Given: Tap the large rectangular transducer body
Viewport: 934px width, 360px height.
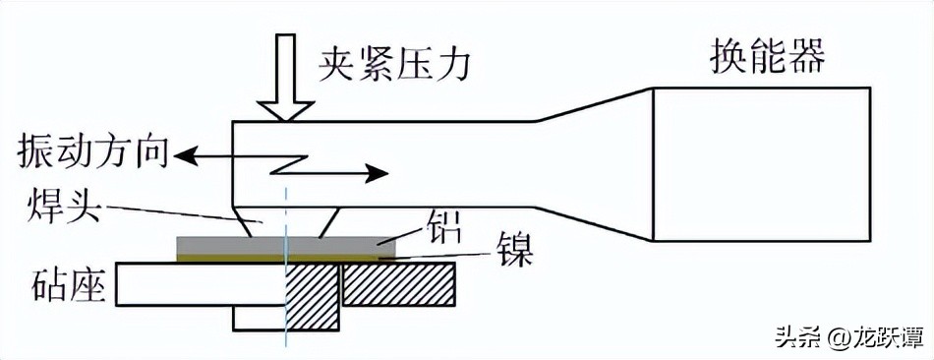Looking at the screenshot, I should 761,164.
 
